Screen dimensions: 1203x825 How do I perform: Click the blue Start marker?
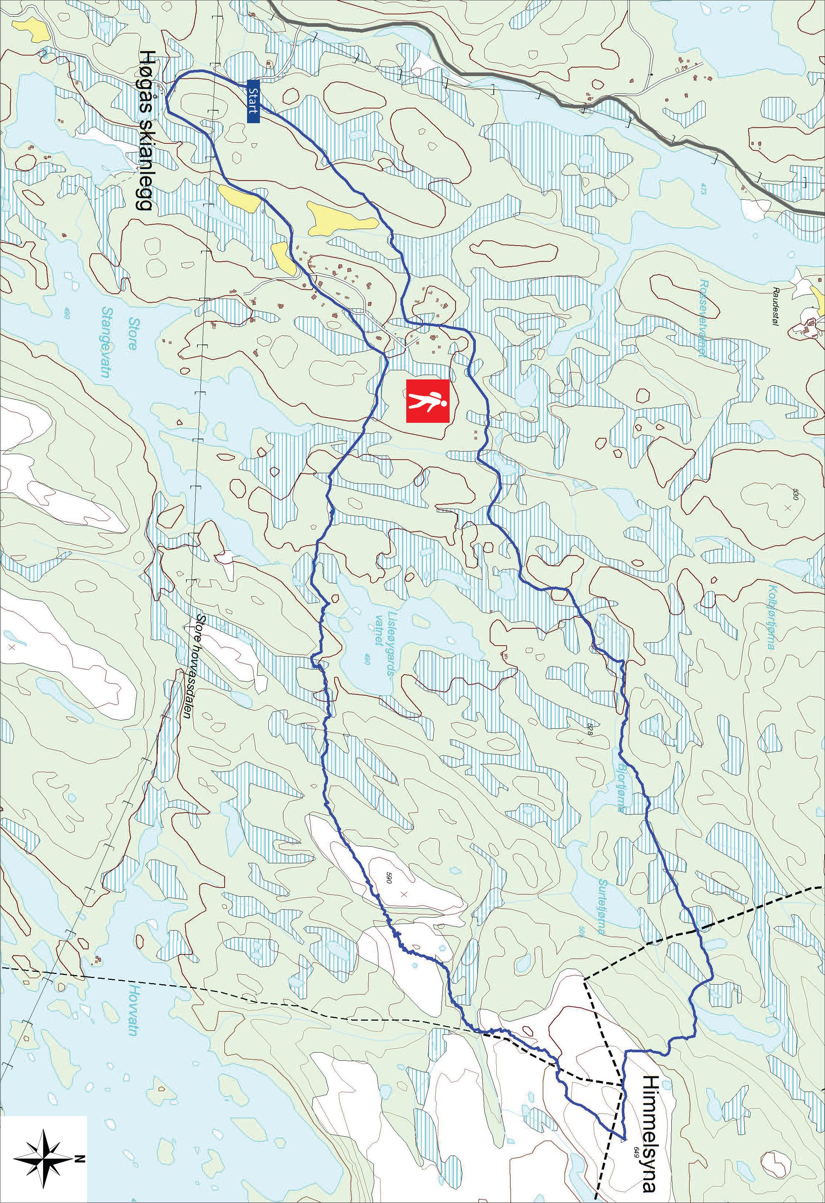pyautogui.click(x=253, y=101)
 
